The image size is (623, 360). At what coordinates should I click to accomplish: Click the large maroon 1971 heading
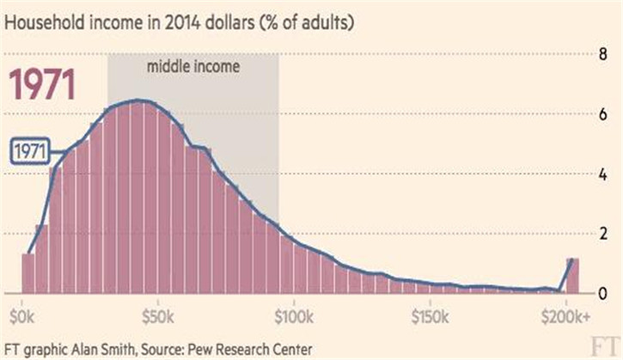[42, 84]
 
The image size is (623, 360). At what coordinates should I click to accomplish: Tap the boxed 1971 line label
[30, 151]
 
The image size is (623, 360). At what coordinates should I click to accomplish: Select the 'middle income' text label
[193, 66]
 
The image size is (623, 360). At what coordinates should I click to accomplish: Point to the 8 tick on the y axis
[603, 54]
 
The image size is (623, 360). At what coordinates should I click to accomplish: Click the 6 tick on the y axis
[603, 114]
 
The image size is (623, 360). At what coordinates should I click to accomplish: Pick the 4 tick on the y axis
[603, 174]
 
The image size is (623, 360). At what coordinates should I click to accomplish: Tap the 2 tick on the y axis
[603, 234]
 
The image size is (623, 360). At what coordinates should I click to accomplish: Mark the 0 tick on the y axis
[603, 294]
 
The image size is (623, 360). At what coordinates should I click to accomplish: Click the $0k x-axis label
[22, 317]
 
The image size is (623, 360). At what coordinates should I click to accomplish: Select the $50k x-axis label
[158, 317]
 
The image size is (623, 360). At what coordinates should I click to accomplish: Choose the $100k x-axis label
[294, 317]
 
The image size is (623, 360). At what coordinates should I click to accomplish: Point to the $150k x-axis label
[430, 317]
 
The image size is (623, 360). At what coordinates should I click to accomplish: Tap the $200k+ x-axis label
[565, 317]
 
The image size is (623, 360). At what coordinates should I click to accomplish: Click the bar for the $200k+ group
[572, 276]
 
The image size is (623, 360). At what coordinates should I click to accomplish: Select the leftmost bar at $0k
[28, 274]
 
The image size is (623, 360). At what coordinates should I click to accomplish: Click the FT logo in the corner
[605, 346]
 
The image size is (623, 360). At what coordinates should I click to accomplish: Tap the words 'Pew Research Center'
[249, 350]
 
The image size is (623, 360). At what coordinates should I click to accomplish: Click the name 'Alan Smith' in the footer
[103, 350]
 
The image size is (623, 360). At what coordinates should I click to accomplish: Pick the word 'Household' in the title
[45, 22]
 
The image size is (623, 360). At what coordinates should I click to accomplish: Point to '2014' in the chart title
[182, 22]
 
